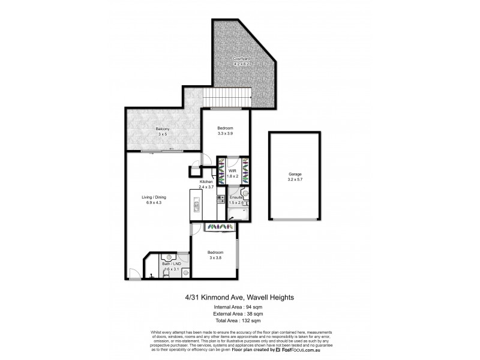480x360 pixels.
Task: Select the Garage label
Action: [x=294, y=174]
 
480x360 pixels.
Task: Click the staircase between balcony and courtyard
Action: [x=226, y=97]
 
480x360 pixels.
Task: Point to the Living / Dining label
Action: [x=154, y=197]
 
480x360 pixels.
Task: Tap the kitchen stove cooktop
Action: [x=220, y=198]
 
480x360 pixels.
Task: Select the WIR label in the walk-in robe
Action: [x=232, y=171]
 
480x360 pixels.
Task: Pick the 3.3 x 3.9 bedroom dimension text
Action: [x=224, y=133]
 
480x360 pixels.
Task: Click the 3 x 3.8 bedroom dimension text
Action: [x=215, y=257]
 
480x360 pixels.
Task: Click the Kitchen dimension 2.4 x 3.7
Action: [x=207, y=187]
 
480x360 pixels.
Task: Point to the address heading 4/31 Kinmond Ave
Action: [x=239, y=296]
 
